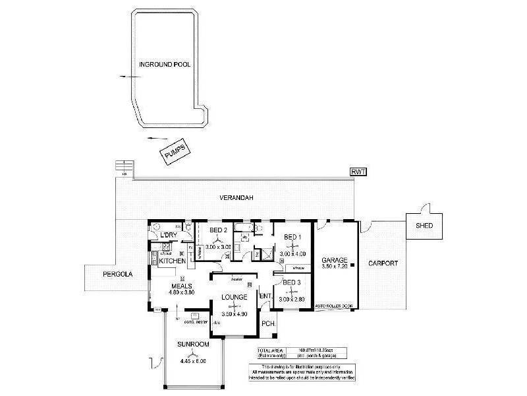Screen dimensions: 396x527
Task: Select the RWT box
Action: tap(358, 172)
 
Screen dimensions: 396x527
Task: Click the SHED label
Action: tap(425, 226)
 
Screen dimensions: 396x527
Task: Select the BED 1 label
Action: tap(292, 237)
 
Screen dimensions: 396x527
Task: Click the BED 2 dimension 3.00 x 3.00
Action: tap(218, 246)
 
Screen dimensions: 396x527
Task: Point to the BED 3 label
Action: tap(292, 282)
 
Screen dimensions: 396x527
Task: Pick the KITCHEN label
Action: tap(173, 262)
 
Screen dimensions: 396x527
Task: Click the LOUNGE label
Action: tap(235, 297)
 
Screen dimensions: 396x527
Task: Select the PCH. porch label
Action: tap(267, 323)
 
